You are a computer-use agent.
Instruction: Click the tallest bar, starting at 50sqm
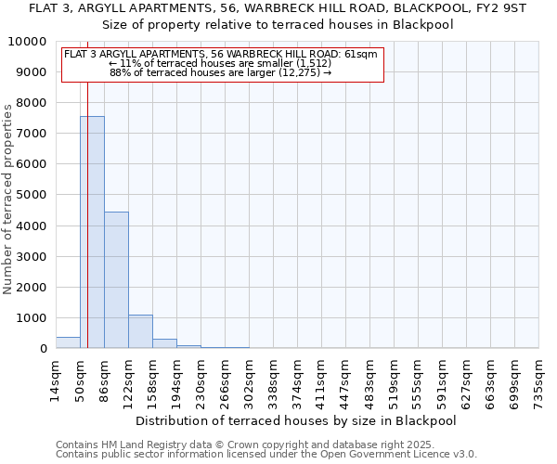[93, 232]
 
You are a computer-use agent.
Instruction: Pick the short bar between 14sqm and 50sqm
[68, 342]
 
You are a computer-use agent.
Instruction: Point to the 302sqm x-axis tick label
[249, 379]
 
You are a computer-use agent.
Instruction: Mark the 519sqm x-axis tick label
[394, 379]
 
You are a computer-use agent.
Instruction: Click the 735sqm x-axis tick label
[538, 379]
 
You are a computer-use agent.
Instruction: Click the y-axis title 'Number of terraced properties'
[8, 199]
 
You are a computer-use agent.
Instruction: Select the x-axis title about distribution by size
[297, 420]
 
